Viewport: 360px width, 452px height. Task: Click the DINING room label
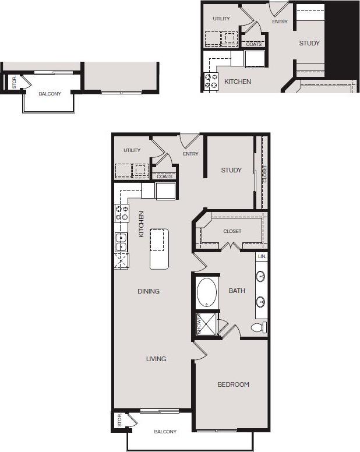coord(149,291)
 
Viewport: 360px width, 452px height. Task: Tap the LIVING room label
coord(156,359)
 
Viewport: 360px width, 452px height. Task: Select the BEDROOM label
coord(233,384)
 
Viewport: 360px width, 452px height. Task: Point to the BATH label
coord(237,291)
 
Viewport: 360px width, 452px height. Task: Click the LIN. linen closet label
coord(262,256)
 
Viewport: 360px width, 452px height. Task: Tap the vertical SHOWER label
coord(198,324)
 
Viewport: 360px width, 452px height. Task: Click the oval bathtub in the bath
coord(206,292)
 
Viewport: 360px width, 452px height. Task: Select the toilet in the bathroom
coord(259,327)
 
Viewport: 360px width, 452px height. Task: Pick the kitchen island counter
coord(159,248)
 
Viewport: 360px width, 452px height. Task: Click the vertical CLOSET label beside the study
coord(264,174)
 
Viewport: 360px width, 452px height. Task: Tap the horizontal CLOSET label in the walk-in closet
coord(232,231)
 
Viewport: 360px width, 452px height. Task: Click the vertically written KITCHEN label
coord(141,224)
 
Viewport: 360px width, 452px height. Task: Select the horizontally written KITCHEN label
coord(238,82)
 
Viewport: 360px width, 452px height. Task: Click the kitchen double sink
coord(121,241)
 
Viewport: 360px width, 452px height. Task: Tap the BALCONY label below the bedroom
coord(165,432)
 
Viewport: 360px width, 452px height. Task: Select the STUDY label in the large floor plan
coord(231,170)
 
